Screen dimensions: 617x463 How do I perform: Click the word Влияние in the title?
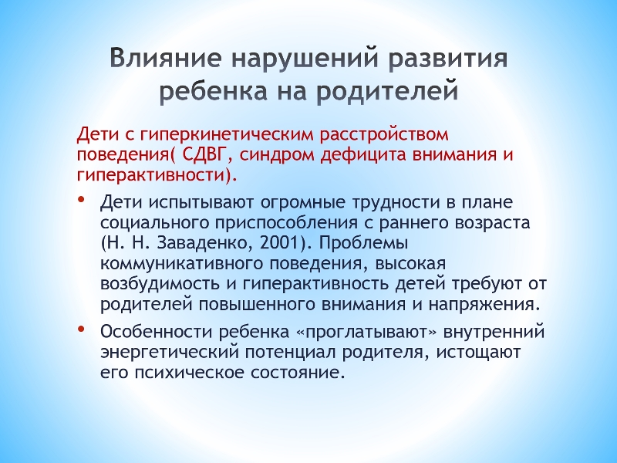click(x=166, y=59)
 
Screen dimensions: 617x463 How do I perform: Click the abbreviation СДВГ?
click(x=201, y=156)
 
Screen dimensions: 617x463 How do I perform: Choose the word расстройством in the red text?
click(x=384, y=135)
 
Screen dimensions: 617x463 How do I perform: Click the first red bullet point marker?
click(x=81, y=200)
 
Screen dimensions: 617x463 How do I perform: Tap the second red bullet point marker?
click(x=81, y=329)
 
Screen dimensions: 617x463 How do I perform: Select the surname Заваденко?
click(x=205, y=244)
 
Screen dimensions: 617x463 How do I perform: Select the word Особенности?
click(x=156, y=333)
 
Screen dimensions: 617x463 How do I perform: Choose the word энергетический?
click(x=170, y=353)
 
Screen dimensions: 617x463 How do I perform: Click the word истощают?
click(x=478, y=353)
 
